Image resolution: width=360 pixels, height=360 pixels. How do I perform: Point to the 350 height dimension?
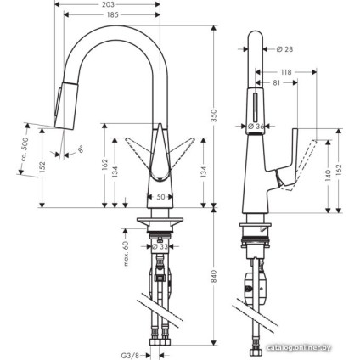pos(214,115)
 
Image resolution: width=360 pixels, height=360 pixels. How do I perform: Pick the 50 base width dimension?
pos(161,197)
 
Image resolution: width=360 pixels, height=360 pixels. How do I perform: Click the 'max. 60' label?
pos(125,251)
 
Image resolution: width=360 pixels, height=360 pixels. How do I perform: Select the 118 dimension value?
pos(286,73)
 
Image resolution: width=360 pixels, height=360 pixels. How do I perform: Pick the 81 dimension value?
pos(278,83)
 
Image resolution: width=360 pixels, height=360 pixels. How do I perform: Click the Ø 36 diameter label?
pos(254,127)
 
